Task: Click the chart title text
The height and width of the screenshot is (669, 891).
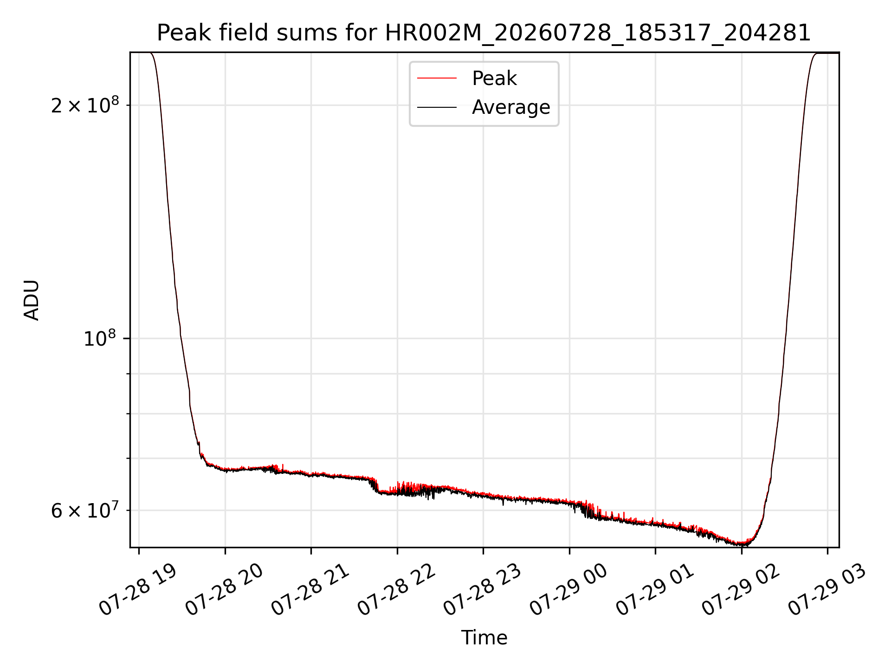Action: (484, 33)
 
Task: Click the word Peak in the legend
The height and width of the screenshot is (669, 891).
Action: (494, 79)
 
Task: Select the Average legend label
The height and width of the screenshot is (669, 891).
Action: (511, 107)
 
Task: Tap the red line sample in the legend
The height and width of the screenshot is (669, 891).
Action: (437, 79)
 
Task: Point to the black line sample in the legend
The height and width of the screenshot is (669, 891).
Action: (437, 107)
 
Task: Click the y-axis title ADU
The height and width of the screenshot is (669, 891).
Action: (32, 300)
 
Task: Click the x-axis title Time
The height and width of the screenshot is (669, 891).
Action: (484, 638)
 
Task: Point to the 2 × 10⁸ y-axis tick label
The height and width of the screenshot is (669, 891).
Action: (85, 106)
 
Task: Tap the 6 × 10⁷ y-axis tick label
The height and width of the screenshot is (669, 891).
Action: (85, 511)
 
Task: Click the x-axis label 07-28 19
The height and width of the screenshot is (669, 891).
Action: (138, 590)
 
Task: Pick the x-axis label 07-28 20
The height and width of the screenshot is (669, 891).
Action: (225, 590)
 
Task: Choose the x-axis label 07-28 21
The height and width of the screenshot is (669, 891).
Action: (310, 590)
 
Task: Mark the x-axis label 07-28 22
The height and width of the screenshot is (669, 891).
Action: (397, 590)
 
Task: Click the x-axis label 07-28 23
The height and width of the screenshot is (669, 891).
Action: (483, 590)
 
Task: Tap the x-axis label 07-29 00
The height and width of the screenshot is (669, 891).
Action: (569, 590)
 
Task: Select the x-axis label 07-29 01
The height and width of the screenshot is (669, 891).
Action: (655, 590)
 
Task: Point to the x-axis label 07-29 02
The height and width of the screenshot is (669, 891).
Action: (741, 590)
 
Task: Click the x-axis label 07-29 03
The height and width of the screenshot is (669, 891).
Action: (827, 590)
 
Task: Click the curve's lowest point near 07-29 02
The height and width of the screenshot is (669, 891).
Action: (741, 545)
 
